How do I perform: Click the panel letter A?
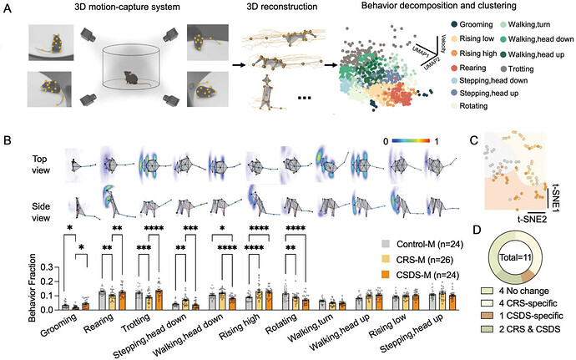[8, 9]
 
